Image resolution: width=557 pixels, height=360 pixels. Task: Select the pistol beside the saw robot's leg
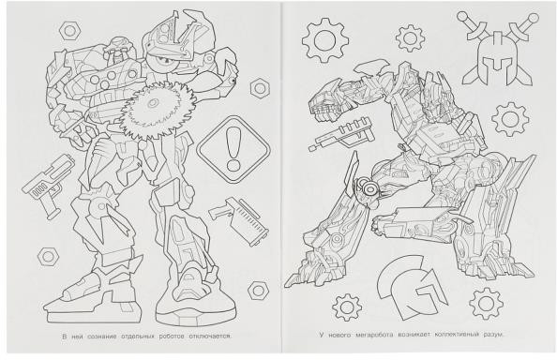49,186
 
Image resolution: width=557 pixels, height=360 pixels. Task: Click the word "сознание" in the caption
101,336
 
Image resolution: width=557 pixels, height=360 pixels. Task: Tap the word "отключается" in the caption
210,336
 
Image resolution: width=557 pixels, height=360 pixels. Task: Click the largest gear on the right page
324,41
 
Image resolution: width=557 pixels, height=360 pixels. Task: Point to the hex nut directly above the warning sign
260,88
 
